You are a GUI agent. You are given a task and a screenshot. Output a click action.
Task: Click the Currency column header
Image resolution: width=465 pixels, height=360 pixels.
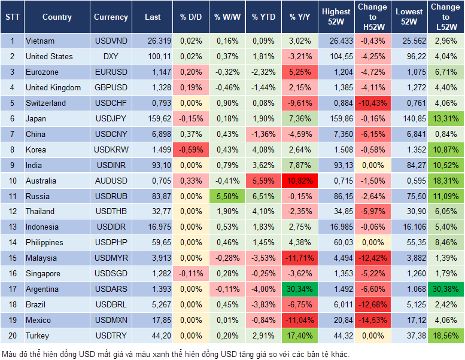(x=111, y=17)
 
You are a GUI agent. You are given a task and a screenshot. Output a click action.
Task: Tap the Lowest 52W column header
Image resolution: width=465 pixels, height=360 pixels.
(x=409, y=17)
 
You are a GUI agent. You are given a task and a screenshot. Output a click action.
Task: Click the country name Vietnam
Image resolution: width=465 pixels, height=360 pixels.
(x=40, y=41)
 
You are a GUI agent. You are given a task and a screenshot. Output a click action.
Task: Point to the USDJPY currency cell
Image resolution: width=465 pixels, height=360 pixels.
(x=111, y=118)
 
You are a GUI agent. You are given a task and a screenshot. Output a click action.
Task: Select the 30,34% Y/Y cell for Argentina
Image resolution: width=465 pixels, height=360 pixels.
(x=300, y=289)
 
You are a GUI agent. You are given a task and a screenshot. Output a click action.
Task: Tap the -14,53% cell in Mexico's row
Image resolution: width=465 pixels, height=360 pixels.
(x=372, y=320)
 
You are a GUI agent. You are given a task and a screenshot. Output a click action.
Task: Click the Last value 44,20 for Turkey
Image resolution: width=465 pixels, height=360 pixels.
(x=153, y=335)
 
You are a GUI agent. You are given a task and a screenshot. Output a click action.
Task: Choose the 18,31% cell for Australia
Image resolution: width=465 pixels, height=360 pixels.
(x=446, y=181)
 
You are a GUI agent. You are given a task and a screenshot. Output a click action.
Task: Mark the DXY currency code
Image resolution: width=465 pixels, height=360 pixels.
(x=111, y=57)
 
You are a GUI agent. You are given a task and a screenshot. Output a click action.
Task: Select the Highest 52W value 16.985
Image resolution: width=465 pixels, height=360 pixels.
(x=336, y=227)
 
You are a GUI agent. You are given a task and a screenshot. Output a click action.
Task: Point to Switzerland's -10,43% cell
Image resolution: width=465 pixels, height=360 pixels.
(x=372, y=103)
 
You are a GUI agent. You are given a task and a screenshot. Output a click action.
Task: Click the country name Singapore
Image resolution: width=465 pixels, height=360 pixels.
(x=43, y=273)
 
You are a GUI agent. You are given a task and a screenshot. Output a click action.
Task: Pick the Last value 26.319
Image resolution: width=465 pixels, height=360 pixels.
(x=153, y=41)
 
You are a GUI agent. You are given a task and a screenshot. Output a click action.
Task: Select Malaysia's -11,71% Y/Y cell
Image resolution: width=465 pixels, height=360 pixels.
(x=300, y=258)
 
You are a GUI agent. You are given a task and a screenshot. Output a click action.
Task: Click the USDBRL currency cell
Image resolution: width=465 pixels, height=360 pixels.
(x=111, y=304)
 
